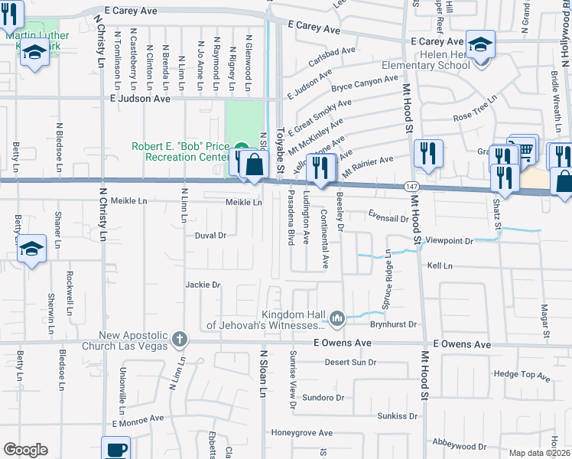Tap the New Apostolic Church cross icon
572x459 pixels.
[179, 338]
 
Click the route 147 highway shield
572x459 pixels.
[410, 187]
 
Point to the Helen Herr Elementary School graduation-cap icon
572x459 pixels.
[481, 44]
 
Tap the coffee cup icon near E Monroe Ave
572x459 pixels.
[116, 449]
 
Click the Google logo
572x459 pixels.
[25, 450]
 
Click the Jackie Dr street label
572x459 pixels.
[203, 285]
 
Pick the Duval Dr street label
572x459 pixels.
[211, 236]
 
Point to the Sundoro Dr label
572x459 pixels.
[319, 398]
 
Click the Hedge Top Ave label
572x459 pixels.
[522, 375]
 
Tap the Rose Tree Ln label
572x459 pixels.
[474, 117]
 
